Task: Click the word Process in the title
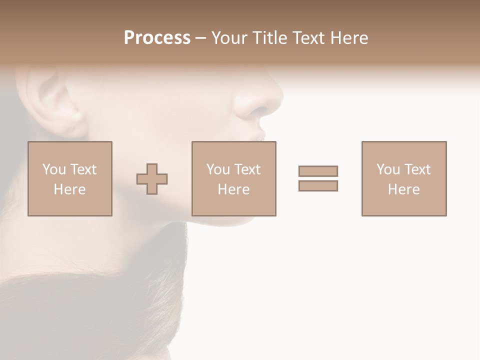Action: tap(157, 38)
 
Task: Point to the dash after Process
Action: tap(200, 38)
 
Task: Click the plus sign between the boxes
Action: tap(152, 179)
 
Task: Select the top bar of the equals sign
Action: tap(318, 171)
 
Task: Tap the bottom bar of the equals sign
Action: tap(318, 185)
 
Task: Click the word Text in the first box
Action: tap(83, 169)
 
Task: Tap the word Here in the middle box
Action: tap(234, 189)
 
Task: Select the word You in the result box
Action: tap(387, 169)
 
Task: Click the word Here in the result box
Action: tap(404, 189)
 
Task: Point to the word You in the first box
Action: tap(53, 169)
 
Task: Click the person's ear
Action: tap(55, 102)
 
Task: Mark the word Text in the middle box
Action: tap(247, 169)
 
